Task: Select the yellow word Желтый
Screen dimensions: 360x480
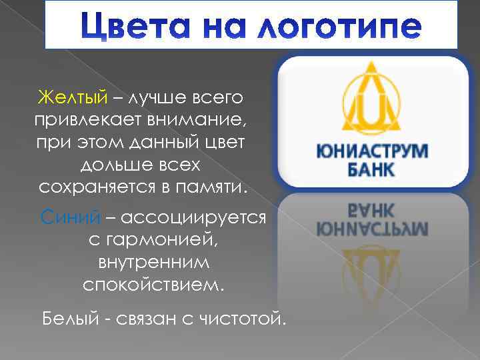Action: tap(72, 99)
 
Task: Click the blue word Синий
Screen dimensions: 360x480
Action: tap(63, 217)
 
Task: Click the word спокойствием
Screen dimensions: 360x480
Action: tap(154, 285)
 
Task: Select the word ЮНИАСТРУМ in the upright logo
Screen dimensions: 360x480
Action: tap(373, 150)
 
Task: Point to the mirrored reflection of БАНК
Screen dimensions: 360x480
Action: tap(371, 211)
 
